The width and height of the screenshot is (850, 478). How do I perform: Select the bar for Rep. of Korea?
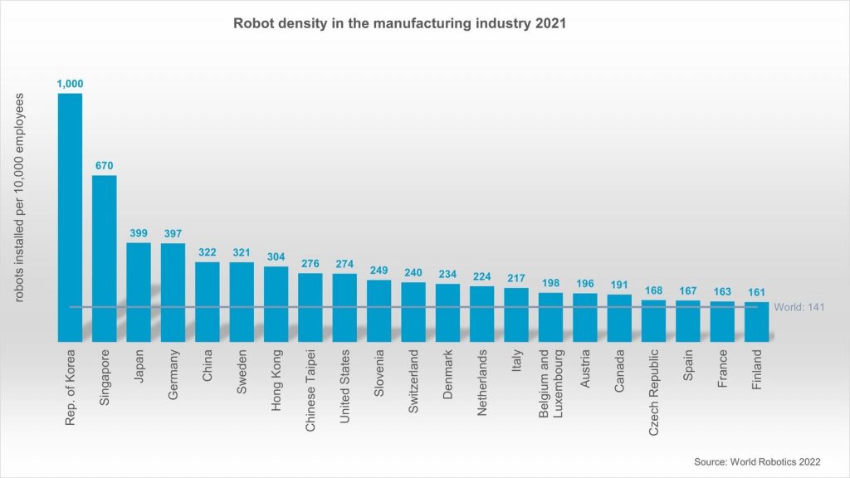70,216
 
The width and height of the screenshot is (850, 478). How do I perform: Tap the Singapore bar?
104,257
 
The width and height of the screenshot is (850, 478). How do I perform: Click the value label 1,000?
70,84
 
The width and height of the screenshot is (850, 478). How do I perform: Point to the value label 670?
104,166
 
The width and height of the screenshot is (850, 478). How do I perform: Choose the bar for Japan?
139,291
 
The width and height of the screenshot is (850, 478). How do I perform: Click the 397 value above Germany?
173,234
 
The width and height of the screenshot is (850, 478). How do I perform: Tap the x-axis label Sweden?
242,378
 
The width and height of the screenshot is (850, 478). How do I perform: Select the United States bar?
345,307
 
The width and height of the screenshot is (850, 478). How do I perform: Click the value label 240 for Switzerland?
413,272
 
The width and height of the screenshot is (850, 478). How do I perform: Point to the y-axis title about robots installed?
19,198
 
